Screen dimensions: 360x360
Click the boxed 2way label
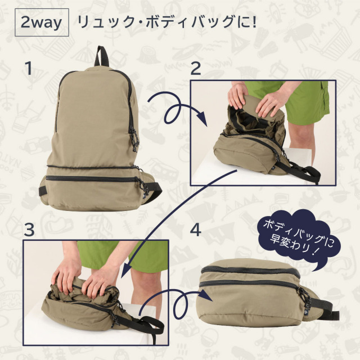(42, 22)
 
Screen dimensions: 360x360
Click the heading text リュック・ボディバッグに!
(167, 22)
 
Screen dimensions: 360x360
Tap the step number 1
(29, 67)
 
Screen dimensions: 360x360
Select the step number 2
(195, 68)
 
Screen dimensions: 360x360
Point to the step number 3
(29, 229)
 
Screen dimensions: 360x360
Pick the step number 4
(196, 230)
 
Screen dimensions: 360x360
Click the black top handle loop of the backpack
(101, 56)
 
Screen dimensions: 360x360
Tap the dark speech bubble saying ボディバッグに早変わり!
(299, 238)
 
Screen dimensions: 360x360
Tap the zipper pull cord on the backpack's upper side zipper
(135, 139)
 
